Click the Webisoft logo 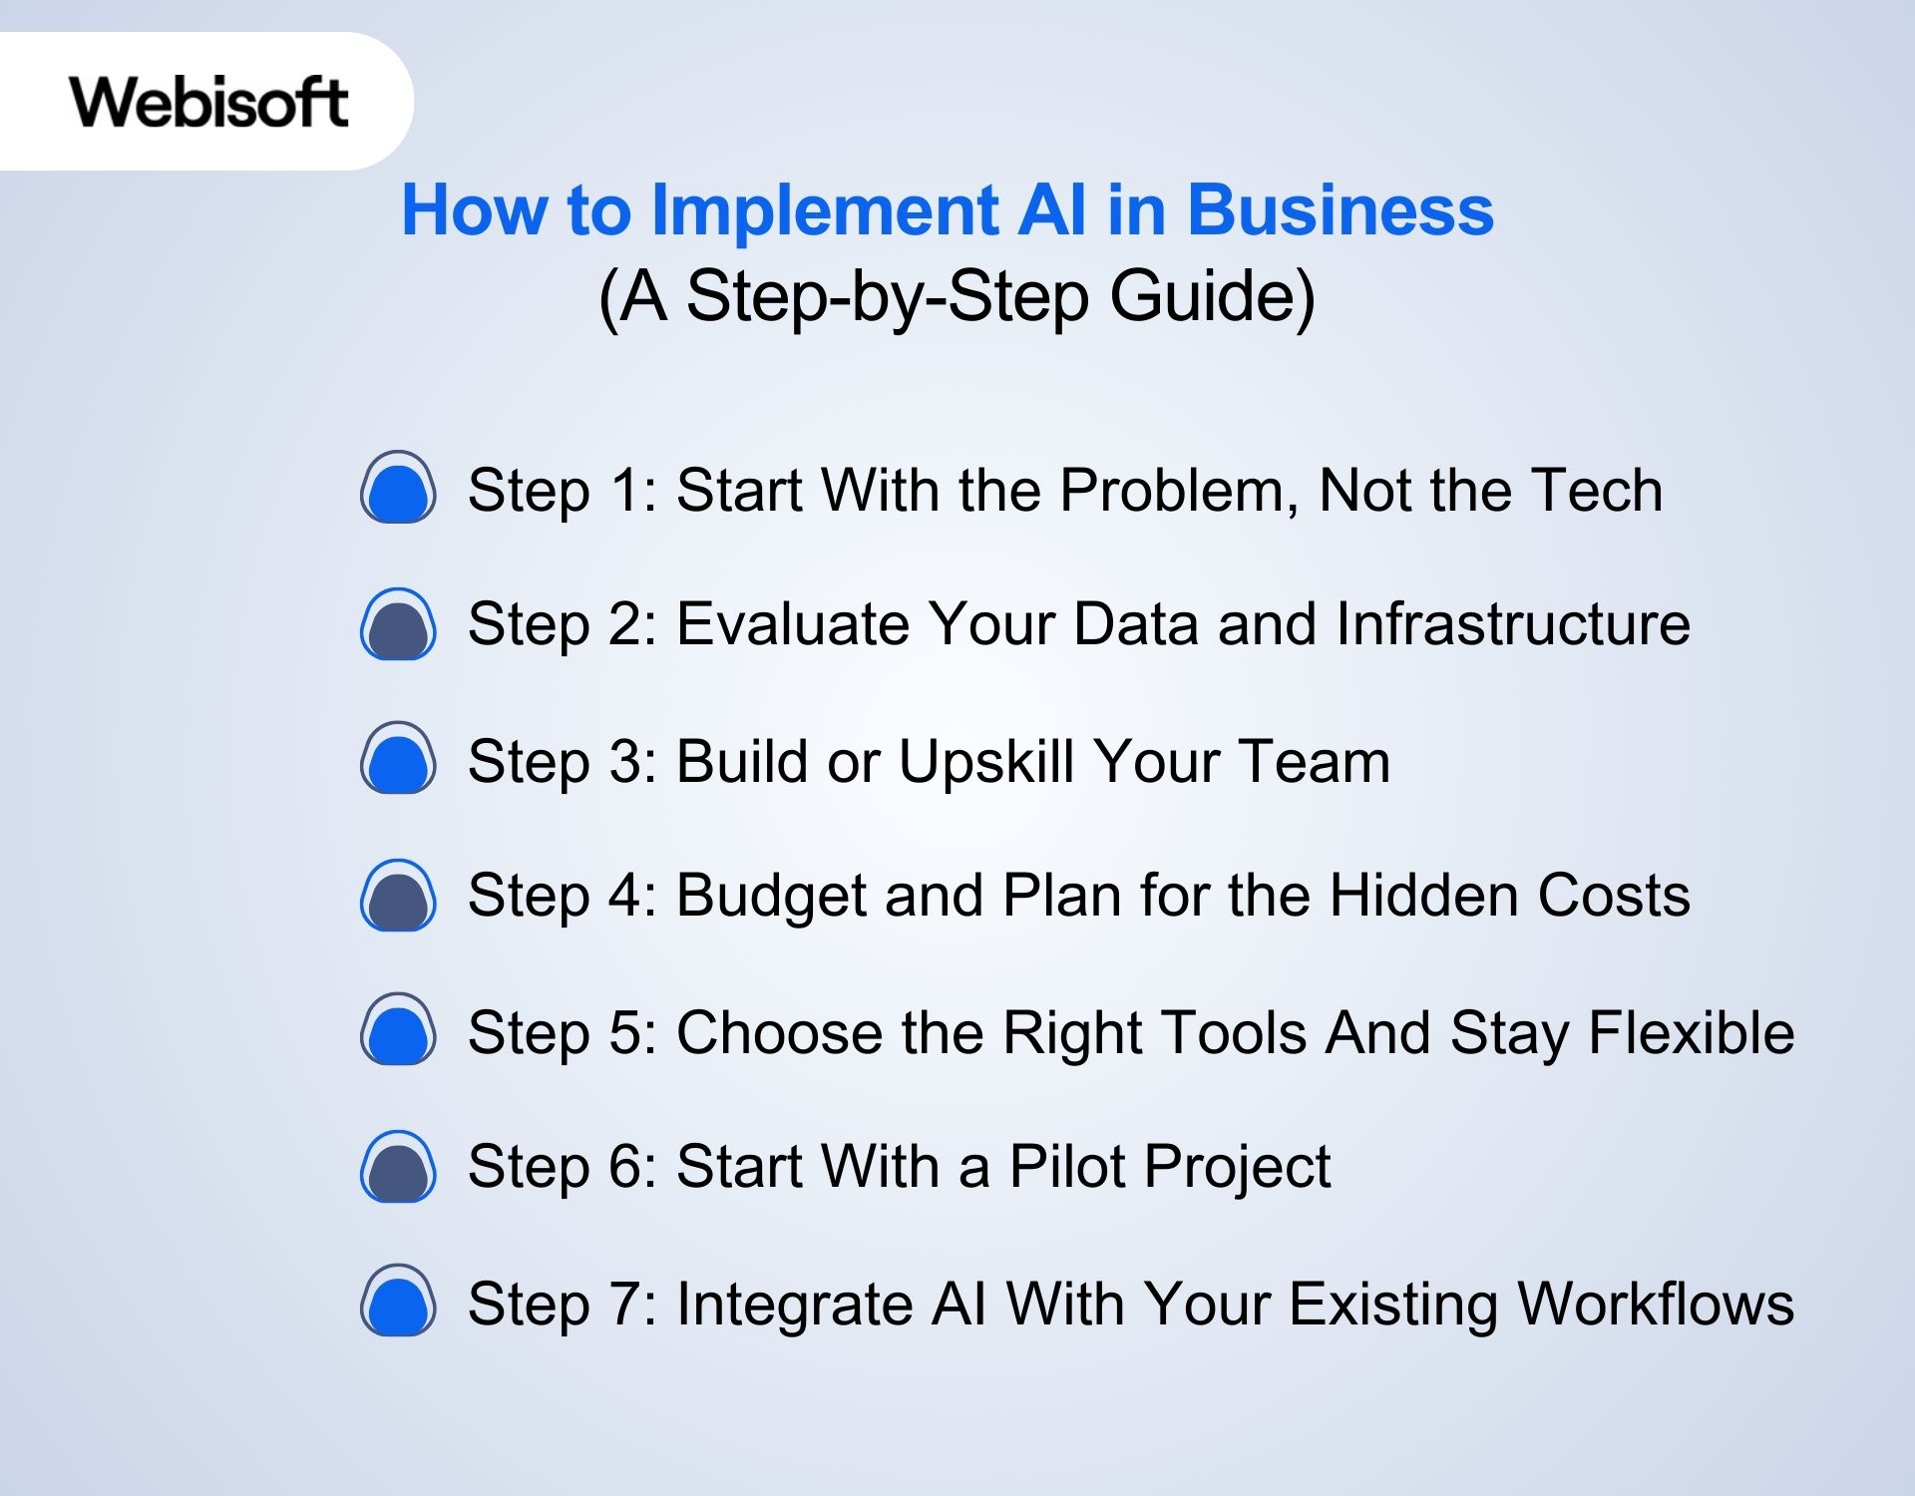[208, 102]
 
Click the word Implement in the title [825, 210]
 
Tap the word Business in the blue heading [1340, 210]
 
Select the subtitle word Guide [1212, 296]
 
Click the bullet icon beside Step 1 [398, 488]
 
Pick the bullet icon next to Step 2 [398, 624]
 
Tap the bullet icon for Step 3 [398, 759]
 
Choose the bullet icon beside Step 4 [398, 896]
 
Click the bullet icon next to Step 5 [398, 1030]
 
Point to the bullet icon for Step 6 [398, 1167]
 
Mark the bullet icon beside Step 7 [398, 1302]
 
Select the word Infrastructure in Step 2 [1512, 624]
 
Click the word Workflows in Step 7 [1656, 1303]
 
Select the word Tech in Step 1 [1597, 490]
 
